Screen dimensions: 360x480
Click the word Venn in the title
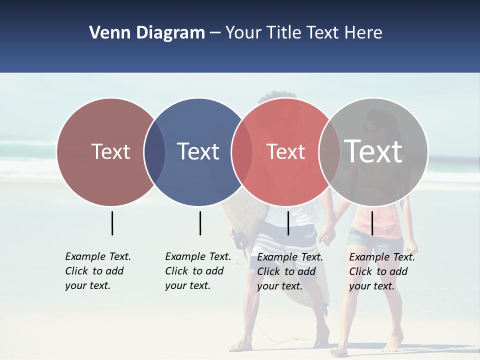(106, 33)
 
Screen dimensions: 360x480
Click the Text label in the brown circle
(110, 151)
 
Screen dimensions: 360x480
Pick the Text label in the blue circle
(198, 151)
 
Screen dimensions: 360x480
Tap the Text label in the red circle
(285, 151)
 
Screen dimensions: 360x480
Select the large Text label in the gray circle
(373, 151)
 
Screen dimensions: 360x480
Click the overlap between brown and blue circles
(154, 151)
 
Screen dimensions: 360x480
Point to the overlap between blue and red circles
(242, 151)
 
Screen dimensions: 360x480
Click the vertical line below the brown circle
(112, 223)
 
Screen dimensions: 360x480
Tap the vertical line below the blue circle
(200, 223)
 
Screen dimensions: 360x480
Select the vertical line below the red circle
(288, 223)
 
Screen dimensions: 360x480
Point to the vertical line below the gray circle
(372, 223)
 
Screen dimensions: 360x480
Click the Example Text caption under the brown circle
(97, 271)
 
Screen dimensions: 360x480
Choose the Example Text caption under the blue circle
(197, 271)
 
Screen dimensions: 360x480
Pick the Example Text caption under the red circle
(289, 271)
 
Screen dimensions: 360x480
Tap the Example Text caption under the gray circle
(381, 271)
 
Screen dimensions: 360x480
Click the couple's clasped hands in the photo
(326, 232)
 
